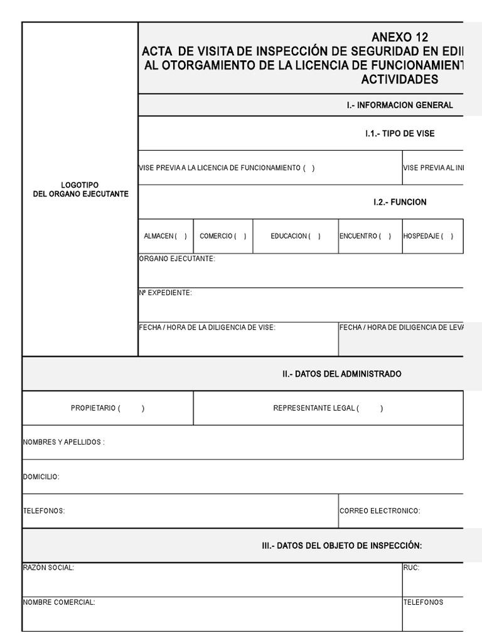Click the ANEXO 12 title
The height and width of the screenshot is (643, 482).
point(400,38)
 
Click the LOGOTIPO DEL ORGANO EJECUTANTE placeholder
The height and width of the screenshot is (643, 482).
point(80,189)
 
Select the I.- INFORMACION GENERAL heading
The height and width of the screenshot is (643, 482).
point(400,105)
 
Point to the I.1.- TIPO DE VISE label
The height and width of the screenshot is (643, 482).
point(400,134)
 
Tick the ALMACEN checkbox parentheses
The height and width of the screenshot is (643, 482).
point(181,236)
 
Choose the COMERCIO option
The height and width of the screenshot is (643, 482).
point(240,236)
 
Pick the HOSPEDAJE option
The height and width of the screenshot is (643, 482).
point(446,236)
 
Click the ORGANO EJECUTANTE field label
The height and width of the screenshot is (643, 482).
point(176,259)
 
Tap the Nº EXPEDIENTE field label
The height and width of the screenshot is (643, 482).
point(165,293)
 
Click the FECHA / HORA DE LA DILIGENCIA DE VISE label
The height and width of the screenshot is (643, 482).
point(206,327)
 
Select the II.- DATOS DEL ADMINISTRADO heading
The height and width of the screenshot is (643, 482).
point(341,374)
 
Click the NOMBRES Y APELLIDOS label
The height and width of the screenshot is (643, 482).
point(63,442)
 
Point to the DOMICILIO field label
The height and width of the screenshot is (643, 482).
point(41,477)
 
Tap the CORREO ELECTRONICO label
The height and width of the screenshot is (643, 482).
point(380,511)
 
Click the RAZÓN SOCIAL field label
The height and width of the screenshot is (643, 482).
point(48,568)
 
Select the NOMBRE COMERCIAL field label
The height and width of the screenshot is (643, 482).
point(59,602)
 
